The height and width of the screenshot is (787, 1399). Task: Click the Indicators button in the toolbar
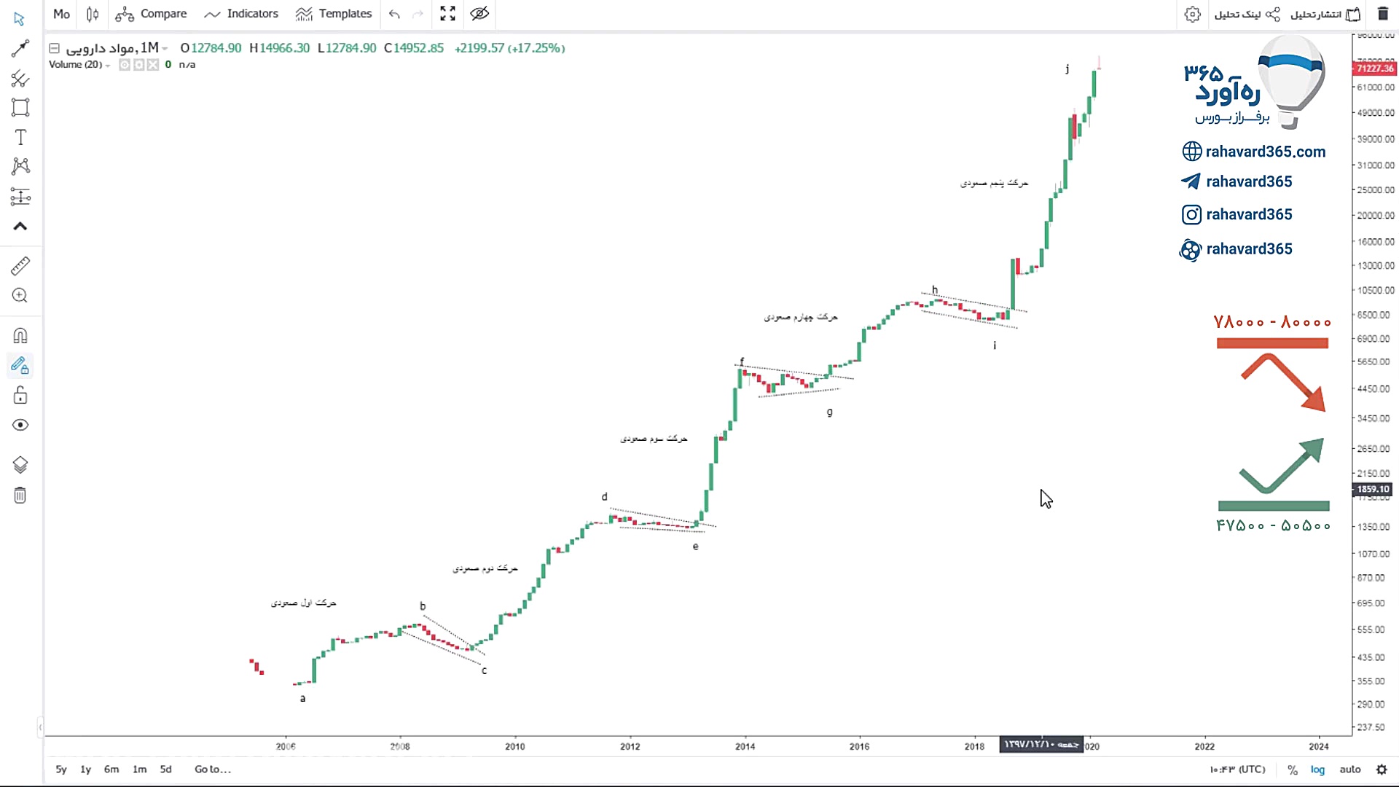(x=242, y=14)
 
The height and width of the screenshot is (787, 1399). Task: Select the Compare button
(x=152, y=14)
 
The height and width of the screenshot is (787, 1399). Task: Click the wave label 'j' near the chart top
(x=1067, y=68)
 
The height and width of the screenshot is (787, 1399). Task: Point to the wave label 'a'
(x=303, y=698)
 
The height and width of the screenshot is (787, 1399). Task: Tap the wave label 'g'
(x=829, y=412)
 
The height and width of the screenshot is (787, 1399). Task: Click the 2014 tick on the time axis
(x=745, y=746)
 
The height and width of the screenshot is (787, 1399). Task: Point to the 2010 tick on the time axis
(x=515, y=746)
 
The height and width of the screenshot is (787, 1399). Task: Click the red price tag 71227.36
(x=1374, y=68)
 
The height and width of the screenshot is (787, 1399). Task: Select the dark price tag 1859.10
(x=1373, y=490)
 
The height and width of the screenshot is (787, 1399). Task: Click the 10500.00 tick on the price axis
(x=1375, y=290)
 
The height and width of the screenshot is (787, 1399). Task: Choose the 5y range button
(x=61, y=770)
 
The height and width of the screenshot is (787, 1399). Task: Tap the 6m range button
(x=111, y=770)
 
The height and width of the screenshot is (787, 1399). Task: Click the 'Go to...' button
(x=213, y=770)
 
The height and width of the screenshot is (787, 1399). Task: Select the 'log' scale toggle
(x=1317, y=770)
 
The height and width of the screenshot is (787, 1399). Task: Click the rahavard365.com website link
(x=1265, y=152)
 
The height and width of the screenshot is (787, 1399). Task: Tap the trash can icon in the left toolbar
(x=20, y=496)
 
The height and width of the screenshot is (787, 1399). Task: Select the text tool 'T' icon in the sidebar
(x=20, y=138)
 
